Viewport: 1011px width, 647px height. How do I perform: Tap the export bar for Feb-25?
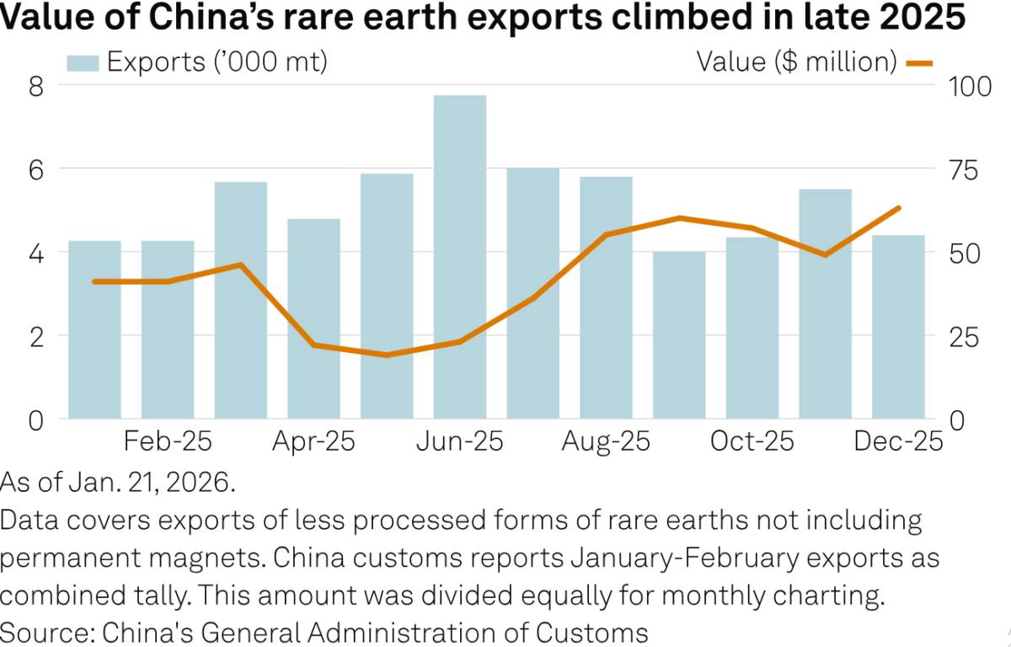(168, 329)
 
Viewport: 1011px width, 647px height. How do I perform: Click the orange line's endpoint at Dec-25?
(899, 207)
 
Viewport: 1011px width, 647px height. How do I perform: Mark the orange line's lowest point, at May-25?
(387, 355)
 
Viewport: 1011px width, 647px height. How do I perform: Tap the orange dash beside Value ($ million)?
(919, 62)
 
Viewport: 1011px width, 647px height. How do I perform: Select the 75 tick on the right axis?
(965, 168)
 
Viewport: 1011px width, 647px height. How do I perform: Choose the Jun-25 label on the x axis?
(459, 441)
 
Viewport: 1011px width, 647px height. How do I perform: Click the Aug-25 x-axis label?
(606, 441)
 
